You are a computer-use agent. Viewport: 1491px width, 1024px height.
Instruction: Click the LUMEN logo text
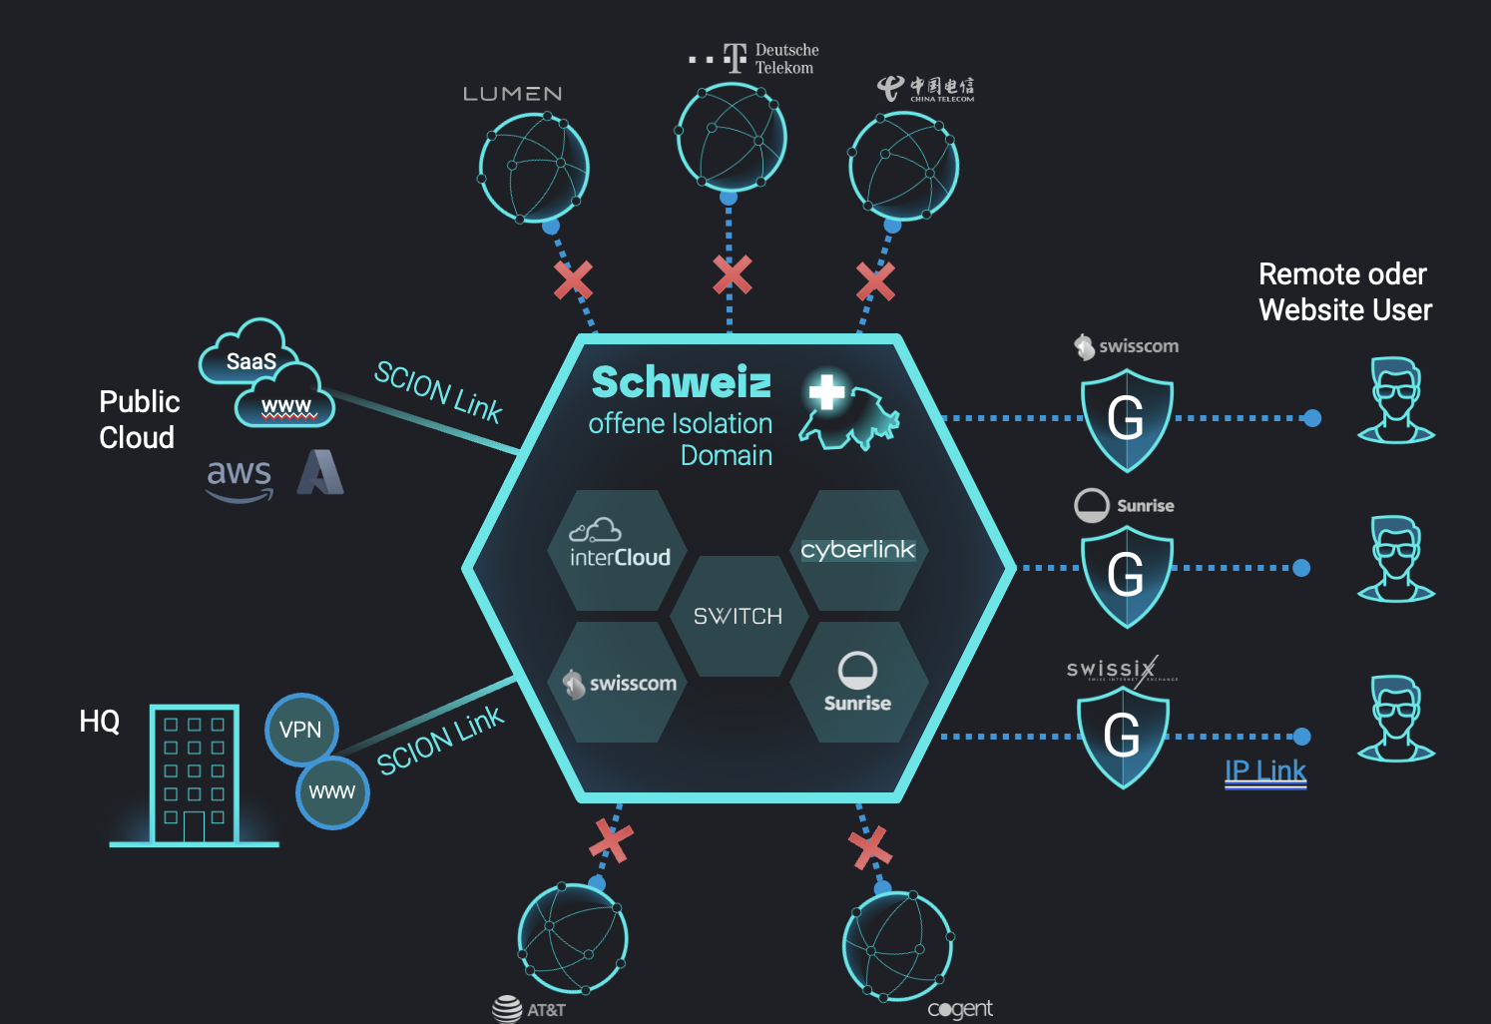(x=512, y=94)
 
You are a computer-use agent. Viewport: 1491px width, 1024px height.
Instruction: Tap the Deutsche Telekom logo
(x=754, y=59)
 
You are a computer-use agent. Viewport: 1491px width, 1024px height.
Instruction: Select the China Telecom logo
(x=926, y=89)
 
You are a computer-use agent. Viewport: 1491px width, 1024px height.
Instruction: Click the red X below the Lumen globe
(x=573, y=280)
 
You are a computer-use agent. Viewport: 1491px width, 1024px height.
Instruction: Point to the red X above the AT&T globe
(x=611, y=840)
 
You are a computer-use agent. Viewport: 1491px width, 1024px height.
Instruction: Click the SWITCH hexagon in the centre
(x=738, y=616)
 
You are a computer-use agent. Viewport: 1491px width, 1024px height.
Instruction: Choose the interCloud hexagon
(x=619, y=549)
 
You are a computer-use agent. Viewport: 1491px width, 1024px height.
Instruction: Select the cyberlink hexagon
(x=858, y=550)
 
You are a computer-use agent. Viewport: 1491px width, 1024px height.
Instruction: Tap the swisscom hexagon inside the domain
(x=619, y=684)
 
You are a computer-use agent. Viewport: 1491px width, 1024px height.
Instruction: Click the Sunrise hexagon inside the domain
(x=858, y=684)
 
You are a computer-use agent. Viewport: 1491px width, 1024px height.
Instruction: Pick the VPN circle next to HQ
(x=300, y=730)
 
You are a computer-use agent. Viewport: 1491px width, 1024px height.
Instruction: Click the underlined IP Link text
(x=1265, y=771)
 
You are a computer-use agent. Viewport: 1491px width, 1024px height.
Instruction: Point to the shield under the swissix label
(x=1123, y=737)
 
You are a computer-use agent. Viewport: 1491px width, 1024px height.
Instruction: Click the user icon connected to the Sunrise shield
(x=1396, y=561)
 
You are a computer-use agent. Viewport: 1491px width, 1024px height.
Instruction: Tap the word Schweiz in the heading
(x=682, y=382)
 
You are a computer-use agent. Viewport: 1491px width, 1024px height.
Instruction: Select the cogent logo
(x=960, y=1009)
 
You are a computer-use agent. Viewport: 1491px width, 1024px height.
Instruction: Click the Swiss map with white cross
(x=849, y=412)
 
